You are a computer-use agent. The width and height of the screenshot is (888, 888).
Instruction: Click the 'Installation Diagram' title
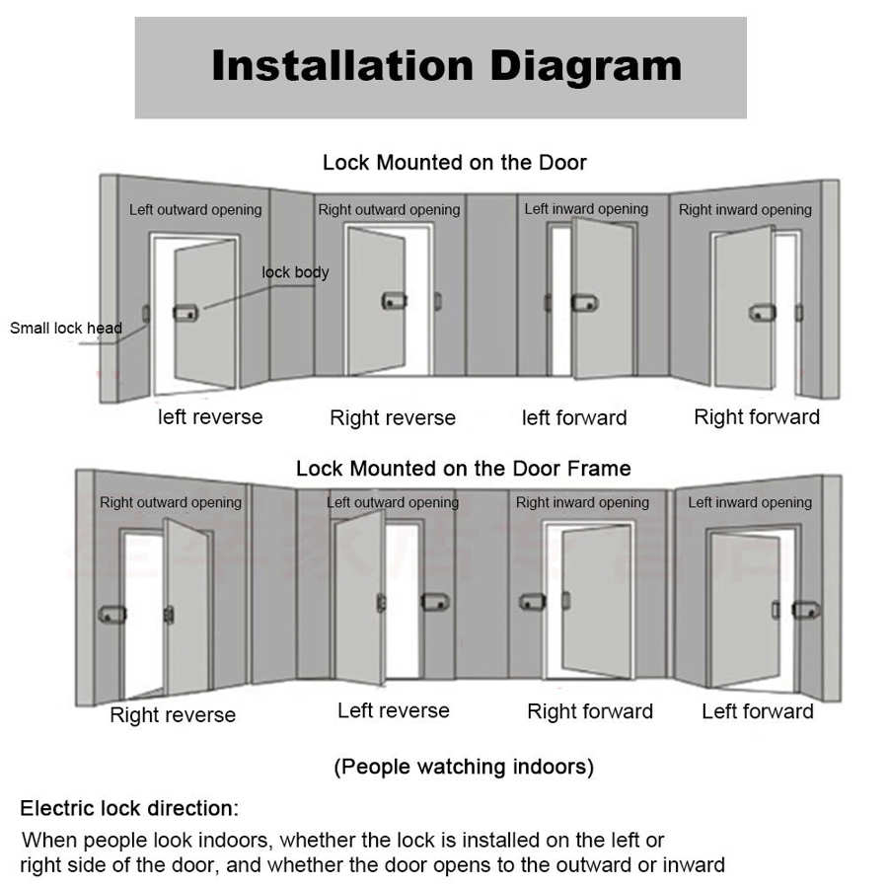pyautogui.click(x=446, y=66)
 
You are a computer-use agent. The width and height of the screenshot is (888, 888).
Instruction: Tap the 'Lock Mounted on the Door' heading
pyautogui.click(x=454, y=163)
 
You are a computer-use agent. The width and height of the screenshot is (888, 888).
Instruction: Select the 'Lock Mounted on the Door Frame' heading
pyautogui.click(x=463, y=468)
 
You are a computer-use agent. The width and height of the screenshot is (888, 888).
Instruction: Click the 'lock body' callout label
pyautogui.click(x=295, y=272)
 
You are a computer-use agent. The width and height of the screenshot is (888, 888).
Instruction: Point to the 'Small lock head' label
pyautogui.click(x=66, y=329)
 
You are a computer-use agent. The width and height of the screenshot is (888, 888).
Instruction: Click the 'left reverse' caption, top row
pyautogui.click(x=210, y=417)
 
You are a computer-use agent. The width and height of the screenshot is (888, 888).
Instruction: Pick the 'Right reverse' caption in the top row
pyautogui.click(x=393, y=418)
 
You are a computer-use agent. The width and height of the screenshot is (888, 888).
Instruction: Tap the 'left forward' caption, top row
pyautogui.click(x=574, y=418)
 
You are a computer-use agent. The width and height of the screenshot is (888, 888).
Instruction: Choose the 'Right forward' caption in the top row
pyautogui.click(x=757, y=417)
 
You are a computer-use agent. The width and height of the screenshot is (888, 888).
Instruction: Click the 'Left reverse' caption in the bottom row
pyautogui.click(x=393, y=710)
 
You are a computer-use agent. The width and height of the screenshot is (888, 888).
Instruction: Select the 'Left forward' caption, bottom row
pyautogui.click(x=757, y=711)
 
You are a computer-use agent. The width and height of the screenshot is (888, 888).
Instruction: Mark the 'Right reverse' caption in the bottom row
pyautogui.click(x=173, y=715)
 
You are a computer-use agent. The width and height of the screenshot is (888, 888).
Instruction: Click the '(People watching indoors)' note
pyautogui.click(x=464, y=767)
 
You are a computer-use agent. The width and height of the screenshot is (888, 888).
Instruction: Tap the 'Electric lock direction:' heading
pyautogui.click(x=129, y=809)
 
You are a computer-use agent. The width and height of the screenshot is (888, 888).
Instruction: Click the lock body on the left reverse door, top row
pyautogui.click(x=185, y=313)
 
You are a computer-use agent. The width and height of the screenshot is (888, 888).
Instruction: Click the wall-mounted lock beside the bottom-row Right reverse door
pyautogui.click(x=111, y=614)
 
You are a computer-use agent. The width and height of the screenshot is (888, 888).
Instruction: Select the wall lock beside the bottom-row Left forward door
pyautogui.click(x=806, y=611)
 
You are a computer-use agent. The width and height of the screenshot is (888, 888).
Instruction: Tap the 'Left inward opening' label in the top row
pyautogui.click(x=586, y=209)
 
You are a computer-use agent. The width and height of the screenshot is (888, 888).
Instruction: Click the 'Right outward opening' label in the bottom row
pyautogui.click(x=171, y=503)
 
